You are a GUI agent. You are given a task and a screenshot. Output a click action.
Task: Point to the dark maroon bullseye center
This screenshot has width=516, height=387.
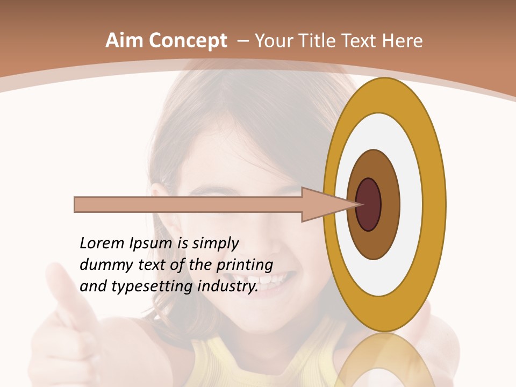coord(368,204)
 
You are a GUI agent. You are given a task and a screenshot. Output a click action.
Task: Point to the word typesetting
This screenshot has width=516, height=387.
coord(153,286)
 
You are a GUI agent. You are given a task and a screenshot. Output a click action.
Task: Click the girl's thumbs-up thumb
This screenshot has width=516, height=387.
coord(62,285)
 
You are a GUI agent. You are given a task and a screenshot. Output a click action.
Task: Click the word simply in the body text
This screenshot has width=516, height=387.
coord(215,243)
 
